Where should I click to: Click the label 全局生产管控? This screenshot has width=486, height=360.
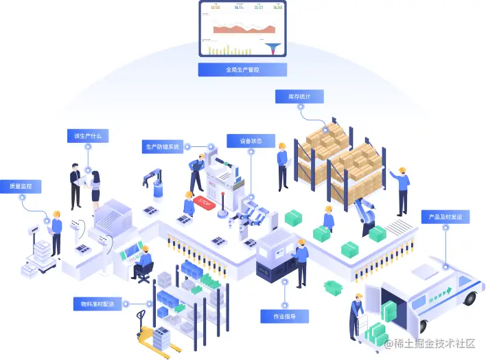[x=242, y=69]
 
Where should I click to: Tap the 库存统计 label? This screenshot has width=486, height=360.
[x=299, y=97]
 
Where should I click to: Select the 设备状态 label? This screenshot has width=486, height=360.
[x=251, y=141]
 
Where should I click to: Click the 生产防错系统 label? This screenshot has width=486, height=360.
[x=161, y=147]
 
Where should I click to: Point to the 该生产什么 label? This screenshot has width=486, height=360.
[x=87, y=136]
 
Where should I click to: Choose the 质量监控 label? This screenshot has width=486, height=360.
[x=21, y=186]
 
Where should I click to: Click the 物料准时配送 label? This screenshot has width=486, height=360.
[x=97, y=304]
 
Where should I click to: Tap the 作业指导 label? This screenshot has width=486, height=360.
[x=284, y=316]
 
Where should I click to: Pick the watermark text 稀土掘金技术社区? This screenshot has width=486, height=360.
[x=429, y=344]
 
